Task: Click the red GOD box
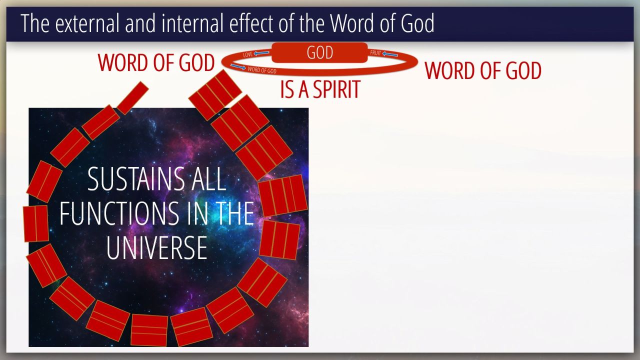coord(319,52)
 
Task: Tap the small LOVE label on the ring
coord(247,54)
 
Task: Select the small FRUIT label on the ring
coord(375,53)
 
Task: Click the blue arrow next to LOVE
coord(261,53)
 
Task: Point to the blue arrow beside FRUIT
coord(390,54)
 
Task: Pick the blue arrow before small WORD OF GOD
coord(238,67)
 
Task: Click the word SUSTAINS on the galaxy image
coord(136,179)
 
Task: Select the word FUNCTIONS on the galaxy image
coord(119,213)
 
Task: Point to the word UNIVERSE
coord(157,247)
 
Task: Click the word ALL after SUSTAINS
coord(209,179)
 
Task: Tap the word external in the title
coord(87,23)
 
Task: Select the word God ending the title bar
coord(417,23)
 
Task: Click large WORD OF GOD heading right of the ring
coord(483,70)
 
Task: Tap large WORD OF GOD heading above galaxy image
coord(156,62)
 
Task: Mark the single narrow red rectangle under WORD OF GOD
coord(132,98)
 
